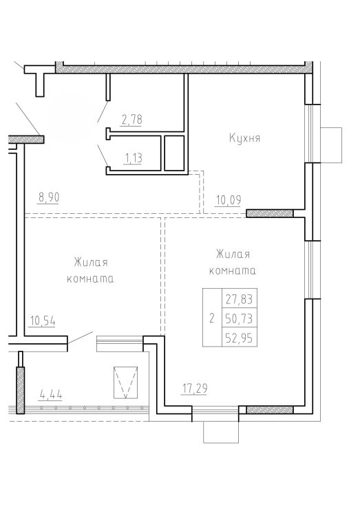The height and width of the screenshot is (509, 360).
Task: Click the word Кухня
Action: (x=244, y=138)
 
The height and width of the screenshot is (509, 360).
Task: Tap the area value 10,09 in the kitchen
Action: (x=229, y=200)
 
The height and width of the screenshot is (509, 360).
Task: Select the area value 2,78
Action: (x=132, y=120)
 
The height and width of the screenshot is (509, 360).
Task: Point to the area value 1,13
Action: (x=133, y=158)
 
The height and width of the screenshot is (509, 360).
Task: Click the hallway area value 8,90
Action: (x=49, y=197)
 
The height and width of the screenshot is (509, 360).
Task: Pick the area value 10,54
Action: (x=43, y=321)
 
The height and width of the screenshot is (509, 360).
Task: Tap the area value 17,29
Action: (x=194, y=388)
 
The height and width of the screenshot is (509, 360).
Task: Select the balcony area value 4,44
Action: (x=51, y=395)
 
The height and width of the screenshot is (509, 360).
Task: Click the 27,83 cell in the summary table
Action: (x=240, y=299)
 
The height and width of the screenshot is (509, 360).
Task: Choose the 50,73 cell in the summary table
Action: (x=240, y=318)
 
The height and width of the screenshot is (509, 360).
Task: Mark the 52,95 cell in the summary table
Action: (x=240, y=338)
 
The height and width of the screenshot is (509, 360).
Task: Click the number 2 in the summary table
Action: (x=212, y=318)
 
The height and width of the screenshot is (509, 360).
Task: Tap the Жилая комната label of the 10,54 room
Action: (x=91, y=270)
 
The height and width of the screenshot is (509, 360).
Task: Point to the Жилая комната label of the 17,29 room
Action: (x=232, y=262)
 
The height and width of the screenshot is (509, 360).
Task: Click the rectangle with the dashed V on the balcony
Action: (x=126, y=382)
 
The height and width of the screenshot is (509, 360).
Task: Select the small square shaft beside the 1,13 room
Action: (x=174, y=153)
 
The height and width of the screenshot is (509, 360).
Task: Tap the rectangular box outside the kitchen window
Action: (x=331, y=144)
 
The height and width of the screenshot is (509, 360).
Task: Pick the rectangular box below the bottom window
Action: (x=221, y=432)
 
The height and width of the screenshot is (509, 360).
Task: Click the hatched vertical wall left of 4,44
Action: (x=21, y=390)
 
